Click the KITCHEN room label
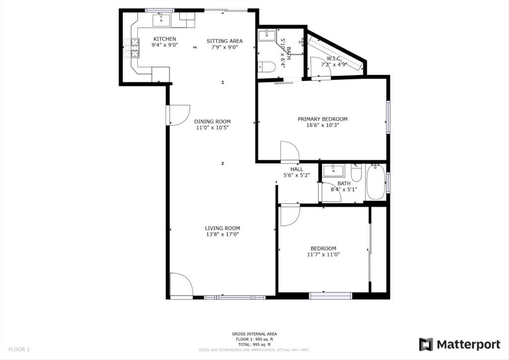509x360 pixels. [165, 39]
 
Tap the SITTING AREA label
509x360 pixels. [225, 41]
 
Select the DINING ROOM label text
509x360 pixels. [212, 121]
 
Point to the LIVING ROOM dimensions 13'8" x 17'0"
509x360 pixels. [222, 234]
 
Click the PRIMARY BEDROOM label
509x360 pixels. [322, 119]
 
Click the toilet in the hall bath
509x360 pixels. [356, 173]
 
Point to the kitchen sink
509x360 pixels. [161, 20]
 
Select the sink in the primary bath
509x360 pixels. [267, 35]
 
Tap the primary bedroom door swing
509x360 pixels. [289, 152]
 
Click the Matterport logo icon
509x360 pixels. [426, 345]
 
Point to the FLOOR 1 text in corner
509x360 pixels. [19, 350]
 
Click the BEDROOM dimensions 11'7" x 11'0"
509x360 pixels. [323, 255]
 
